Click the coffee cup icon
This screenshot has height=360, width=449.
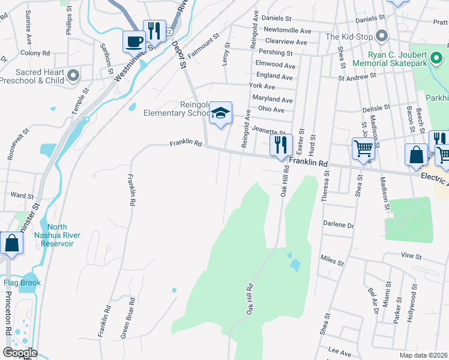click(134, 41)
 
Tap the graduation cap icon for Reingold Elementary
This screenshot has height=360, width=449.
click(221, 113)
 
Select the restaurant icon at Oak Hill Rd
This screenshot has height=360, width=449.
click(281, 145)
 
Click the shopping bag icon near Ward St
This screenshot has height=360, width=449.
click(11, 243)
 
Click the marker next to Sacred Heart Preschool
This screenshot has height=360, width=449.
click(73, 76)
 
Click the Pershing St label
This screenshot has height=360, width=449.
click(275, 53)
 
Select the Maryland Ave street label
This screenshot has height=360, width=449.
click(272, 98)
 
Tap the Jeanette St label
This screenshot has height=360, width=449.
click(268, 130)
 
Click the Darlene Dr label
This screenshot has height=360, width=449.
click(339, 225)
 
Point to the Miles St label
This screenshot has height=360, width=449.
click(332, 262)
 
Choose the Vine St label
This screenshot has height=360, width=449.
click(411, 255)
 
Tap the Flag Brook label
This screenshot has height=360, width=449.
click(22, 283)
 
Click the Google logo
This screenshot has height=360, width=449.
click(20, 353)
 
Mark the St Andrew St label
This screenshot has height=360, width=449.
click(357, 76)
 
